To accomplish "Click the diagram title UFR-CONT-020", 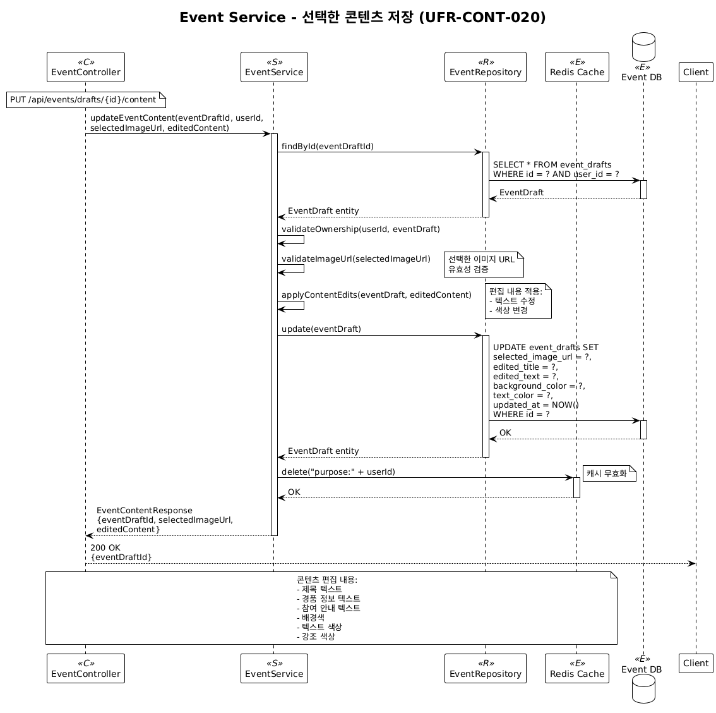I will (362, 18).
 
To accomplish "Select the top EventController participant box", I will (86, 67).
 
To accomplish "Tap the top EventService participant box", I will (274, 67).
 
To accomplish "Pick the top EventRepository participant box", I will (486, 67).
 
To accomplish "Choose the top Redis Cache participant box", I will (577, 67).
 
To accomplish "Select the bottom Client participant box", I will (696, 663).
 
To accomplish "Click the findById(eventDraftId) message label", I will (328, 147).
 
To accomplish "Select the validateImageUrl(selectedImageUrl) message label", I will (355, 259).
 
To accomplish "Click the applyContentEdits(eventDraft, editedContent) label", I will (376, 295).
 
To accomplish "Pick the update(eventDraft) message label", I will (321, 329).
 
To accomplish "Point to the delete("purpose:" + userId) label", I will (338, 472).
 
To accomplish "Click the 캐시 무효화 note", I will (608, 473).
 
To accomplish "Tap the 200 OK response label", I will (105, 547).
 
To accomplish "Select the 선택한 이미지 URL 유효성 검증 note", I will (484, 264).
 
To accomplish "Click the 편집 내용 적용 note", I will (518, 301).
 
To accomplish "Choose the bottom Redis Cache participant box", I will (577, 669).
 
